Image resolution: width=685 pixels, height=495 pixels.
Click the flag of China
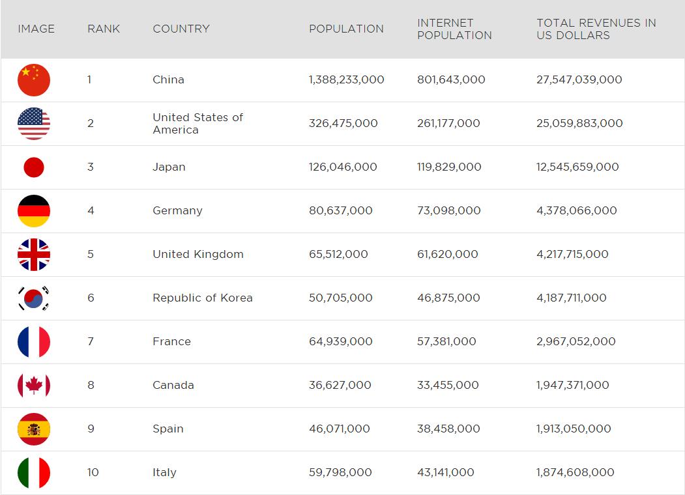pyautogui.click(x=34, y=80)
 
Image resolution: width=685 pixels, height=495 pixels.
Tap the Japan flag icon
pyautogui.click(x=34, y=167)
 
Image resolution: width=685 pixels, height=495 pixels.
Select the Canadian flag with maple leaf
pyautogui.click(x=34, y=386)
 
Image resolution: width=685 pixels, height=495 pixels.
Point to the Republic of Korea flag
pyautogui.click(x=34, y=298)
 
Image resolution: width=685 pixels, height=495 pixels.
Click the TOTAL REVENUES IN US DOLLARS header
pyautogui.click(x=596, y=29)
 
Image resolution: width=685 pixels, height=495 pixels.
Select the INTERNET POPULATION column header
pyautogui.click(x=454, y=29)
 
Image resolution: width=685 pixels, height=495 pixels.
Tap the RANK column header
pyautogui.click(x=104, y=29)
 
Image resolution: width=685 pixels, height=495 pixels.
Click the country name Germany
pyautogui.click(x=177, y=211)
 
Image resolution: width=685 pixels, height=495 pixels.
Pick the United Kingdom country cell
pyautogui.click(x=198, y=255)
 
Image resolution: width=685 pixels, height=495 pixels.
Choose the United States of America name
pyautogui.click(x=197, y=124)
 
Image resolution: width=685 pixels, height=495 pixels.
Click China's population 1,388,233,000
pyautogui.click(x=346, y=80)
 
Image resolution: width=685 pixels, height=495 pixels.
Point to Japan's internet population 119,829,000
pyautogui.click(x=449, y=167)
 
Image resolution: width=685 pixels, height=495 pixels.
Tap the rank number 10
pyautogui.click(x=93, y=473)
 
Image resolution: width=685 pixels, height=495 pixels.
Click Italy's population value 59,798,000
pyautogui.click(x=340, y=473)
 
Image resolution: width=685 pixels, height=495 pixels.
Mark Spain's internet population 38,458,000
pyautogui.click(x=448, y=429)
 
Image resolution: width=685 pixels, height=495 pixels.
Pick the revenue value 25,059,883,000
pyautogui.click(x=579, y=124)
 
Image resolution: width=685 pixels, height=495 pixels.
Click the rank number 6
pyautogui.click(x=91, y=298)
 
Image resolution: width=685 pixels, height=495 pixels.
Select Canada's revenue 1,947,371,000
pyautogui.click(x=572, y=386)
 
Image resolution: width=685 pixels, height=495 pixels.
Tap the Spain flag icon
pyautogui.click(x=34, y=429)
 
